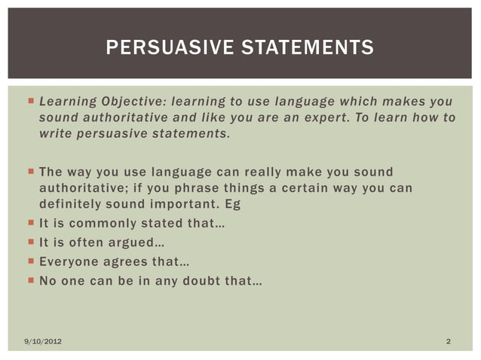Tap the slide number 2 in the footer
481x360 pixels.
coord(448,343)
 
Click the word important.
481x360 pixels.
coord(179,204)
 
